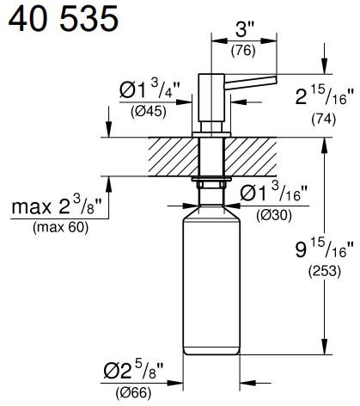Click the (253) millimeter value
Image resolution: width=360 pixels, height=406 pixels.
(324, 274)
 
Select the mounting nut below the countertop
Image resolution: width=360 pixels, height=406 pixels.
(210, 186)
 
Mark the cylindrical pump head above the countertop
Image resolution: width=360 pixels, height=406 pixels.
(210, 99)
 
